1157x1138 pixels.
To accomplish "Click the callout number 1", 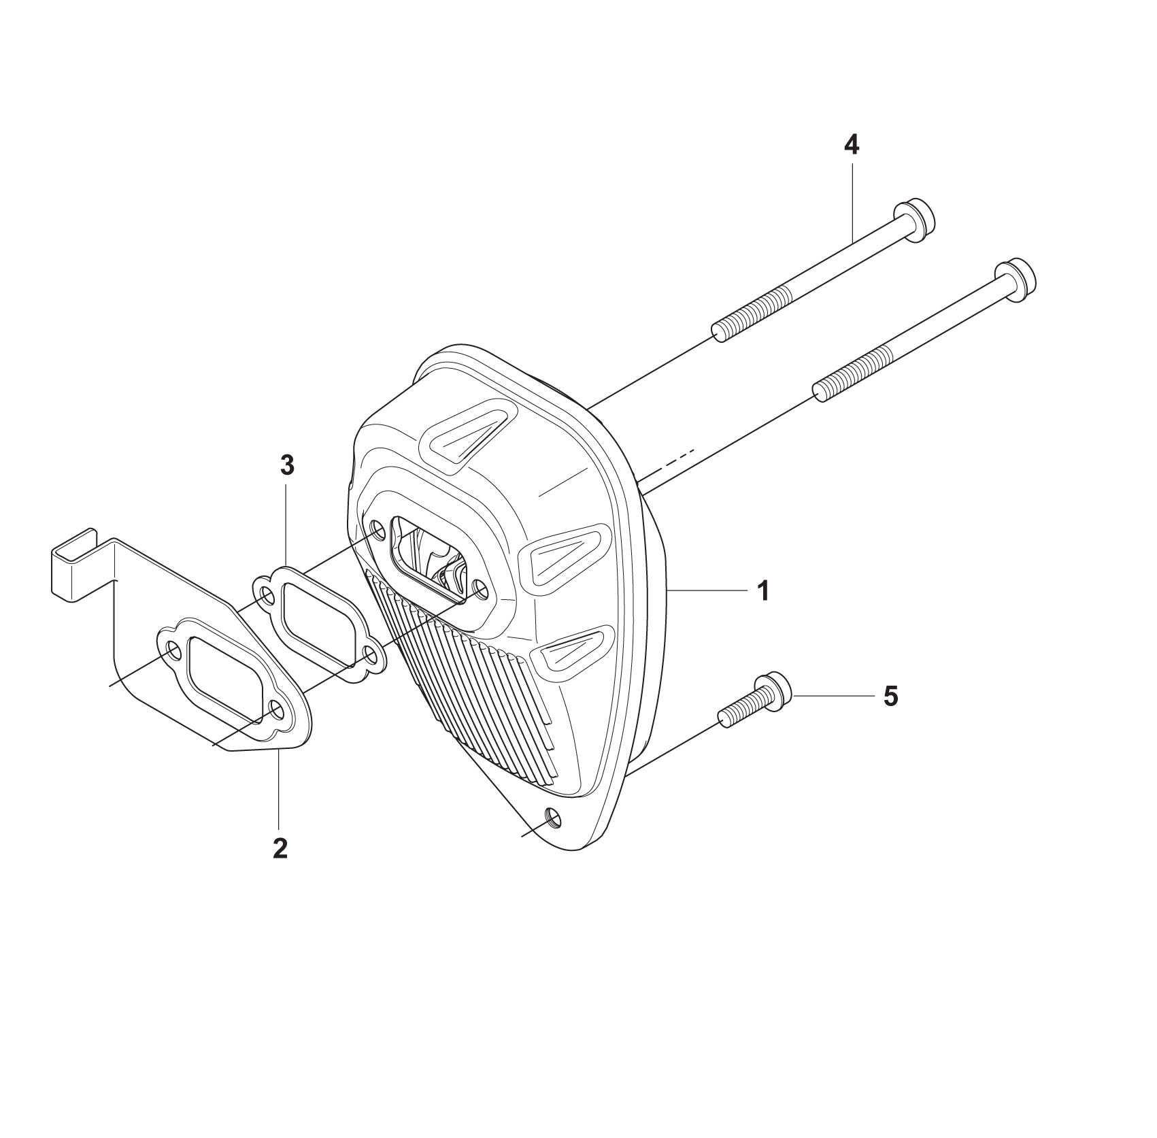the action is pos(764,590).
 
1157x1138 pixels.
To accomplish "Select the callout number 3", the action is pos(286,465).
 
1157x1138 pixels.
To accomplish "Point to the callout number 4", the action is pos(851,145).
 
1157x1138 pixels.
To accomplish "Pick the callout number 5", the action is pos(890,696).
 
